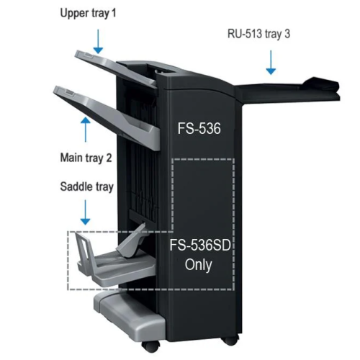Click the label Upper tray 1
pos(88,13)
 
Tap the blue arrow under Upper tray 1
pos(98,41)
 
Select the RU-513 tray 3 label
pos(258,34)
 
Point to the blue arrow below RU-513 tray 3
pos(271,62)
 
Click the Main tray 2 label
pos(86,158)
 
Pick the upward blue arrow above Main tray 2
pos(86,130)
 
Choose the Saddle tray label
pos(86,187)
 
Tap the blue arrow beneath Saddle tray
pos(85,212)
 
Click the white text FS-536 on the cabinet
pos(199,128)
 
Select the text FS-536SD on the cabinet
pos(200,245)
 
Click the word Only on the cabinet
pos(199,265)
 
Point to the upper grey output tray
pos(115,68)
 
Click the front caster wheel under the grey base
pos(150,346)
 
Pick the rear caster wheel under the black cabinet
pos(230,340)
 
